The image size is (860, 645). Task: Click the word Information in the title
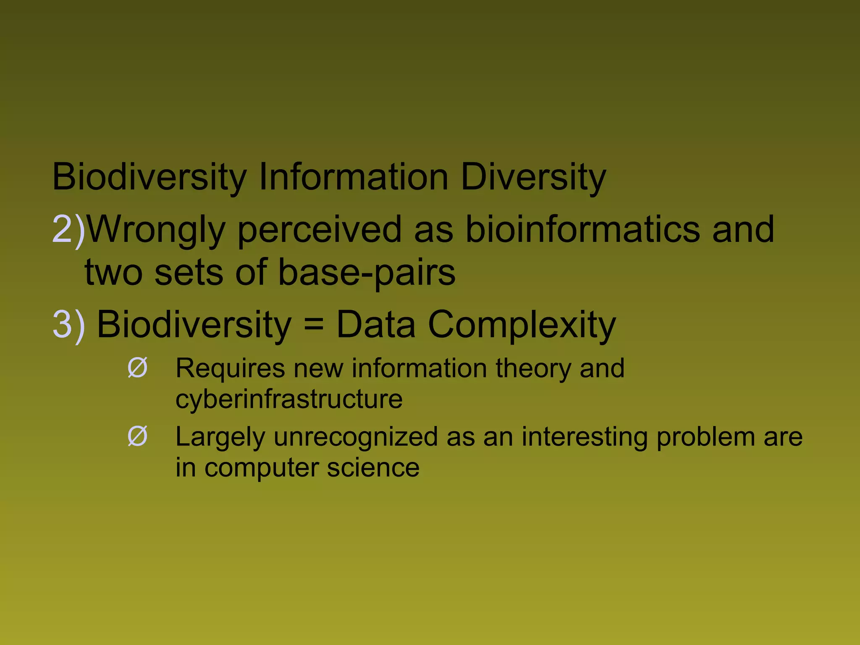(x=354, y=177)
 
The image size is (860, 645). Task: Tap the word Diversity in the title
(x=533, y=177)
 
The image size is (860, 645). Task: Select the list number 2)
(x=68, y=230)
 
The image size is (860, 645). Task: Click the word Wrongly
(x=156, y=230)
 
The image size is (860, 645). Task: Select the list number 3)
(x=68, y=324)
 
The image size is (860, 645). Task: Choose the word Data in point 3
(x=376, y=324)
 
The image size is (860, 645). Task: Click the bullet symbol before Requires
(x=137, y=368)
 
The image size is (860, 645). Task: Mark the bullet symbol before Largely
(x=137, y=436)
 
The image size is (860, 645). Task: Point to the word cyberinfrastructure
(x=289, y=399)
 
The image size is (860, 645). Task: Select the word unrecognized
(x=356, y=437)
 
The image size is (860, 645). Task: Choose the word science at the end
(x=373, y=468)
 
